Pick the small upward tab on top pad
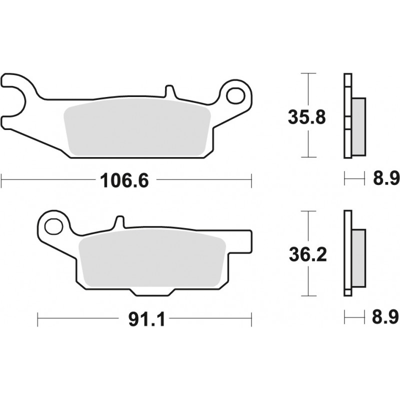tap(169, 92)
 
